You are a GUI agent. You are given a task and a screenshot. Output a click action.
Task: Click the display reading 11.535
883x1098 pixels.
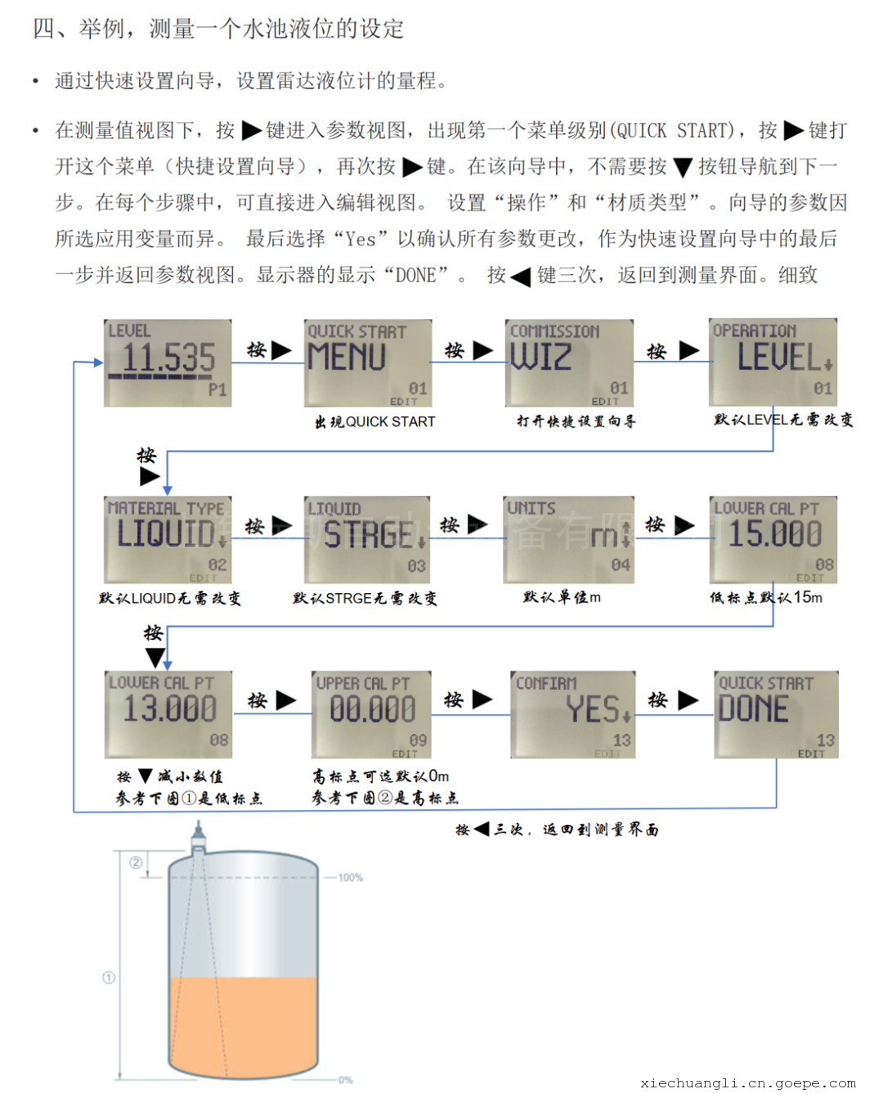click(x=168, y=362)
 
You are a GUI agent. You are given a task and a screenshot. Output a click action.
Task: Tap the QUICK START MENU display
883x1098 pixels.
click(x=368, y=362)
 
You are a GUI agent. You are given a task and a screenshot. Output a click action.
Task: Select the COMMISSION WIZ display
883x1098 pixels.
click(x=569, y=362)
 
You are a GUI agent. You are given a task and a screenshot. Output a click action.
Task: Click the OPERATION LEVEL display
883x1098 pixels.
click(x=773, y=362)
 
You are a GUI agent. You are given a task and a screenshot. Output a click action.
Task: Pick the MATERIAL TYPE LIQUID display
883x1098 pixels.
click(x=168, y=539)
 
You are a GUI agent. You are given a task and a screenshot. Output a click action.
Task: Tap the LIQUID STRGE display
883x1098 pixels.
click(x=367, y=539)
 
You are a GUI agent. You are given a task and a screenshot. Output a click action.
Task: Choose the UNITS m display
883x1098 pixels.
click(x=568, y=539)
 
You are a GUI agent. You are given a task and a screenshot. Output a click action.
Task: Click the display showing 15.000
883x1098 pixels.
click(x=773, y=539)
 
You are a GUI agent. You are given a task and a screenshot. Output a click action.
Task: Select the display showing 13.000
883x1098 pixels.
click(x=168, y=714)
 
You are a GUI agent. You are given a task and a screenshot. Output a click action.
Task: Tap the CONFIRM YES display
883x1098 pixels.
click(x=573, y=714)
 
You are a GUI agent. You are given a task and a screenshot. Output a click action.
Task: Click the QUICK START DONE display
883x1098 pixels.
click(x=775, y=714)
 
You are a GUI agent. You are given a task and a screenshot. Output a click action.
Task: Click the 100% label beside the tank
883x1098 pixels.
click(x=350, y=878)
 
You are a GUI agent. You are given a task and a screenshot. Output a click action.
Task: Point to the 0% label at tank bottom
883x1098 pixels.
click(x=345, y=1080)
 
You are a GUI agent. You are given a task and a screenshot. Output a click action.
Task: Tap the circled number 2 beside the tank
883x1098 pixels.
click(x=136, y=862)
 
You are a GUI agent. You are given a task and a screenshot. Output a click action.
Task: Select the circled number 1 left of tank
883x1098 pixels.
click(x=108, y=978)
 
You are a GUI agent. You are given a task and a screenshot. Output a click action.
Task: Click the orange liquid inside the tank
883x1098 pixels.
click(x=243, y=1023)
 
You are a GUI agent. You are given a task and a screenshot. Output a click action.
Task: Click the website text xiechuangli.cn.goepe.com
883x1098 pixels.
click(x=747, y=1083)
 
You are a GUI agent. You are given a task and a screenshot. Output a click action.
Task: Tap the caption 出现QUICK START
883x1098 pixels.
click(x=375, y=422)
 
